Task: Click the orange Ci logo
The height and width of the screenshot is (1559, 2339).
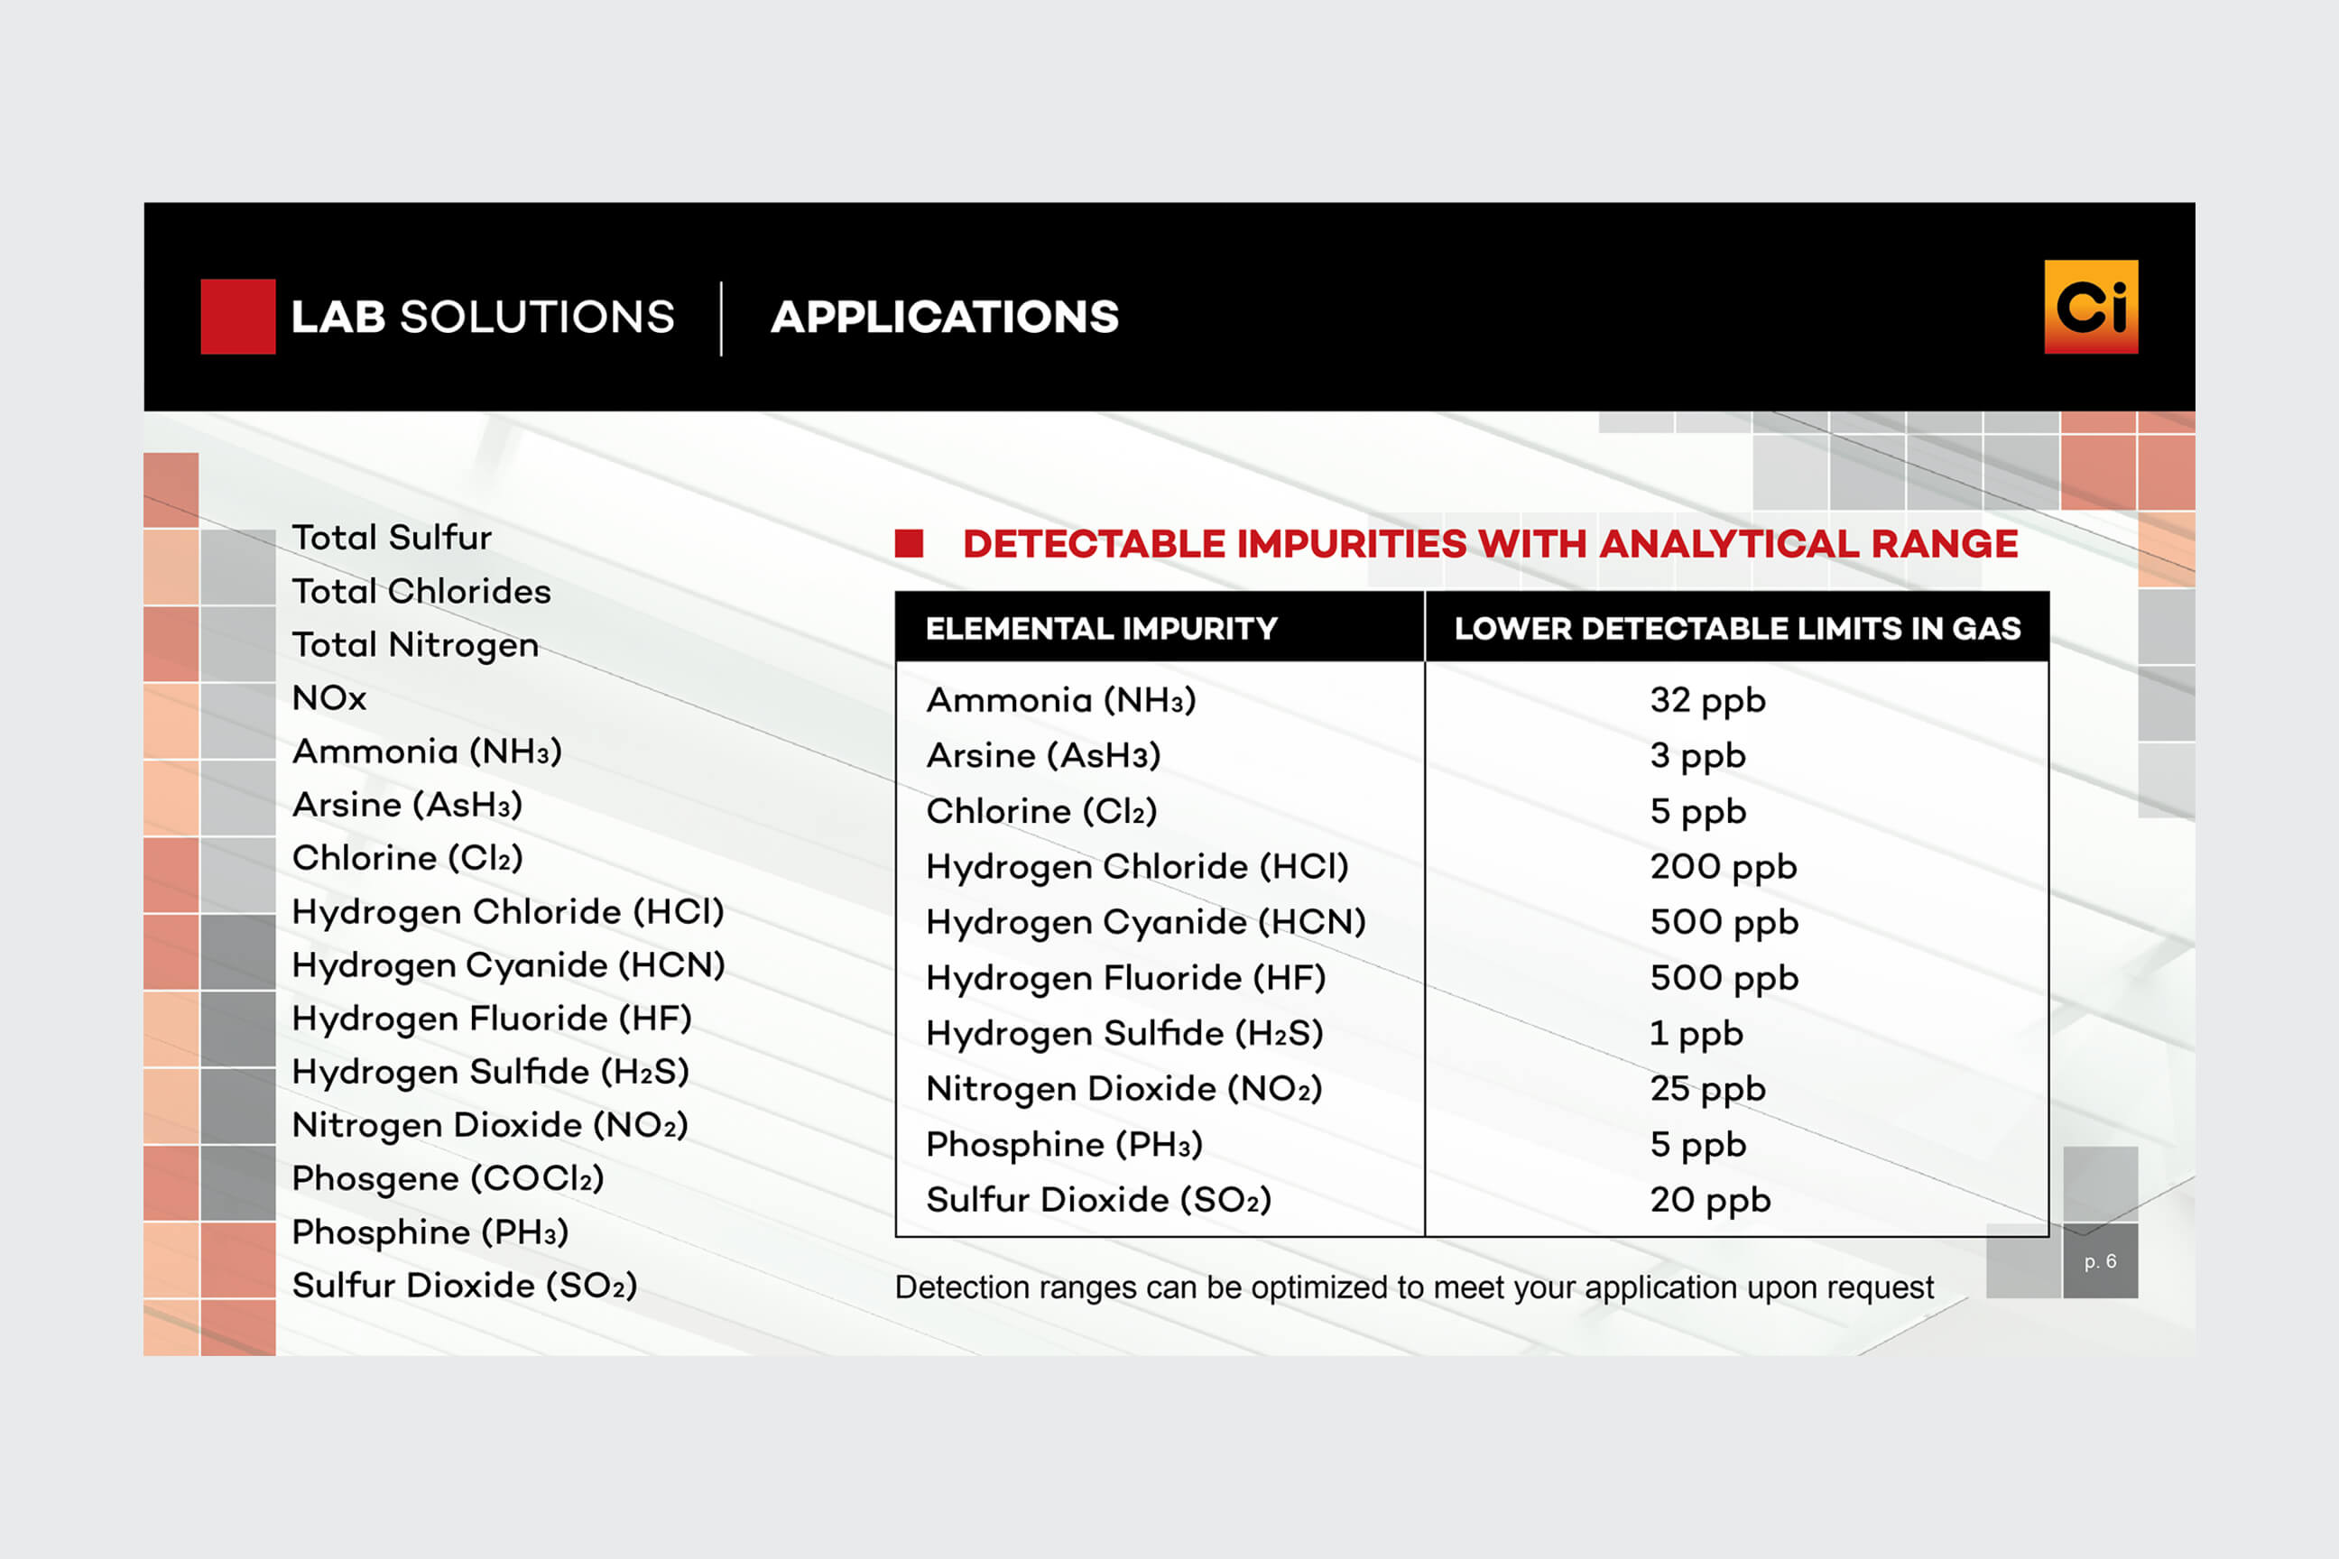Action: [2090, 306]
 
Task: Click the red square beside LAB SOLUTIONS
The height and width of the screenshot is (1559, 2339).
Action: [237, 316]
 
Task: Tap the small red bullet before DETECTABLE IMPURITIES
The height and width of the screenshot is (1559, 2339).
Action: [909, 543]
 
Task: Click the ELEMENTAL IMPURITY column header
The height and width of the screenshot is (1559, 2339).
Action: [1101, 628]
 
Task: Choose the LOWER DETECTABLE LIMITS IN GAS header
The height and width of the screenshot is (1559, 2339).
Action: [1737, 628]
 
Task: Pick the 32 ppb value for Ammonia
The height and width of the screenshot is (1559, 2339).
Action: [1707, 701]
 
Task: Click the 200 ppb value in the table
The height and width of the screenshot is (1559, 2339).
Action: [1724, 867]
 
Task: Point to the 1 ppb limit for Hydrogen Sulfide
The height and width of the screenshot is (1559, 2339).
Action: [1696, 1034]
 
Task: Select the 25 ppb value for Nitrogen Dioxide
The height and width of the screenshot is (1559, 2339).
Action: [1707, 1090]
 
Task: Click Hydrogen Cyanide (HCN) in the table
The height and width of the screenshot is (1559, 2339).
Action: [1146, 923]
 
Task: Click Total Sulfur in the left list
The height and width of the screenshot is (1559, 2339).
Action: [392, 538]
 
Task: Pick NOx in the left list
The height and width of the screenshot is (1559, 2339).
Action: [329, 698]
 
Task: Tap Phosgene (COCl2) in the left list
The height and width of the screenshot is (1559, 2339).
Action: [448, 1179]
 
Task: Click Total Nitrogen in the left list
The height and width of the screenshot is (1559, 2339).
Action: [415, 645]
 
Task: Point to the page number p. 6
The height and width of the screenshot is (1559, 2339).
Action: [2101, 1261]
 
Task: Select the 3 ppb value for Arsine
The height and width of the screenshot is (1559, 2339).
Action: [1697, 757]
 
